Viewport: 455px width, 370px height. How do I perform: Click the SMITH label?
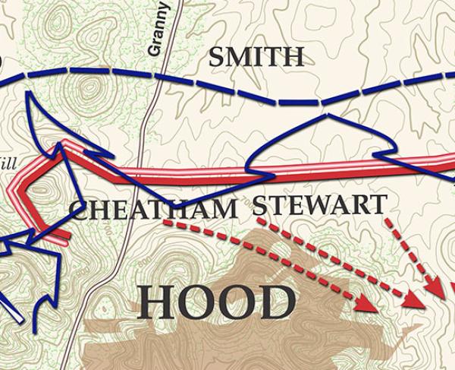point(256,56)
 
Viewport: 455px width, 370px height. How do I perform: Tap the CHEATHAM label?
point(154,209)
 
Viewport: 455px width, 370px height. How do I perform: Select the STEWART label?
point(319,204)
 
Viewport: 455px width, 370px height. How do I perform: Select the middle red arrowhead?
point(413,299)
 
